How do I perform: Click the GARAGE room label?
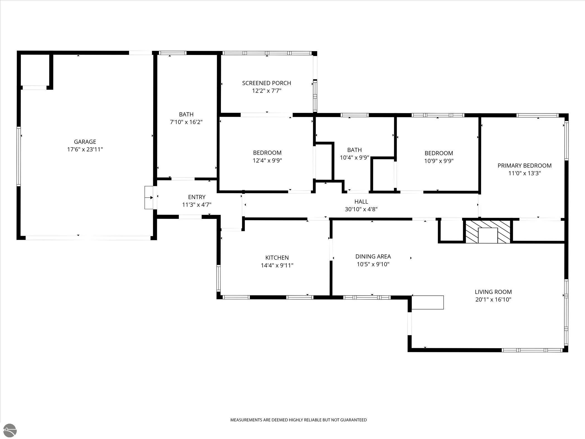(85, 142)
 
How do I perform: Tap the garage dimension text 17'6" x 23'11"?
(85, 149)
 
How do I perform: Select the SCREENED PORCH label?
(267, 83)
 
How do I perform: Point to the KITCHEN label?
(277, 258)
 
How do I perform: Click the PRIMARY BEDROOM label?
(525, 166)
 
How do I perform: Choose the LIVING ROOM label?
(493, 292)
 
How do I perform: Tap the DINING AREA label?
(373, 256)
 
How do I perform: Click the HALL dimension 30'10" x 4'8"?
(361, 209)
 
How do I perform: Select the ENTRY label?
(197, 197)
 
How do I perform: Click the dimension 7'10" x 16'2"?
(186, 122)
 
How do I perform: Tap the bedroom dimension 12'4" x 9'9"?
(267, 161)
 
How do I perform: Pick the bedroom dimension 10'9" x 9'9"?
(439, 161)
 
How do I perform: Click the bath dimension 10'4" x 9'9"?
(354, 157)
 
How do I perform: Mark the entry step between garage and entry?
(149, 197)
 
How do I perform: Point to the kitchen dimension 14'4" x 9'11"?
(277, 265)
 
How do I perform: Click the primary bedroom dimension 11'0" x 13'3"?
(525, 173)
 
